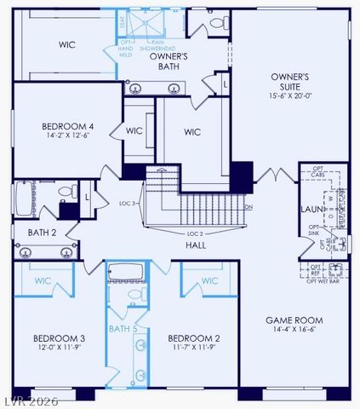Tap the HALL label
click(197, 245)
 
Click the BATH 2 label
click(42, 232)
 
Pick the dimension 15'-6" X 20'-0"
click(289, 97)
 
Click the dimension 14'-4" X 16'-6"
click(294, 330)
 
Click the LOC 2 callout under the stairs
click(197, 233)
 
